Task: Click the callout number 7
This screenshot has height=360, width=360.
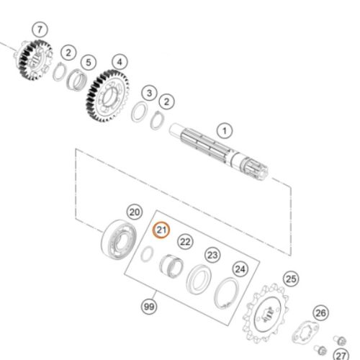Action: (40, 29)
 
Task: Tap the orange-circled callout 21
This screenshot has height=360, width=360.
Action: (162, 230)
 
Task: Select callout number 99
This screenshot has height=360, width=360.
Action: (149, 307)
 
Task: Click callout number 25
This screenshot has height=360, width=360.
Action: (290, 278)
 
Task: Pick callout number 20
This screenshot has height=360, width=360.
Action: (134, 212)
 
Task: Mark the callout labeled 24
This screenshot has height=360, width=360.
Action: (240, 269)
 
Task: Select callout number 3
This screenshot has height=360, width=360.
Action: (149, 93)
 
